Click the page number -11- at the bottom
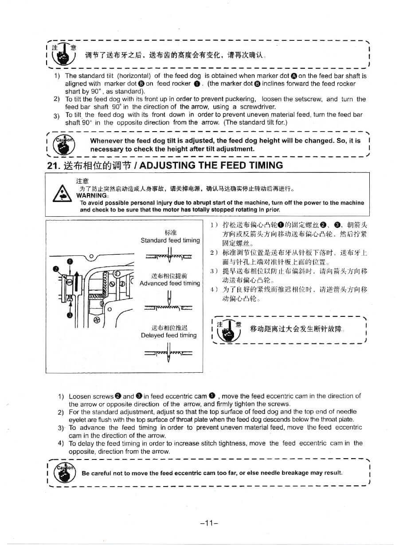click(x=209, y=523)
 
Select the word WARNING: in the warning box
click(x=93, y=195)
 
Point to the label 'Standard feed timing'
click(x=170, y=240)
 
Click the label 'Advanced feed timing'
click(x=170, y=283)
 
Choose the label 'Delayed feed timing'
click(x=168, y=335)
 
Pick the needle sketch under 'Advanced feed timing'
click(x=169, y=302)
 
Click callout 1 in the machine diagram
click(x=70, y=261)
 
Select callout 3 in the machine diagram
click(x=70, y=315)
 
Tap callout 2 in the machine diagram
click(x=55, y=269)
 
